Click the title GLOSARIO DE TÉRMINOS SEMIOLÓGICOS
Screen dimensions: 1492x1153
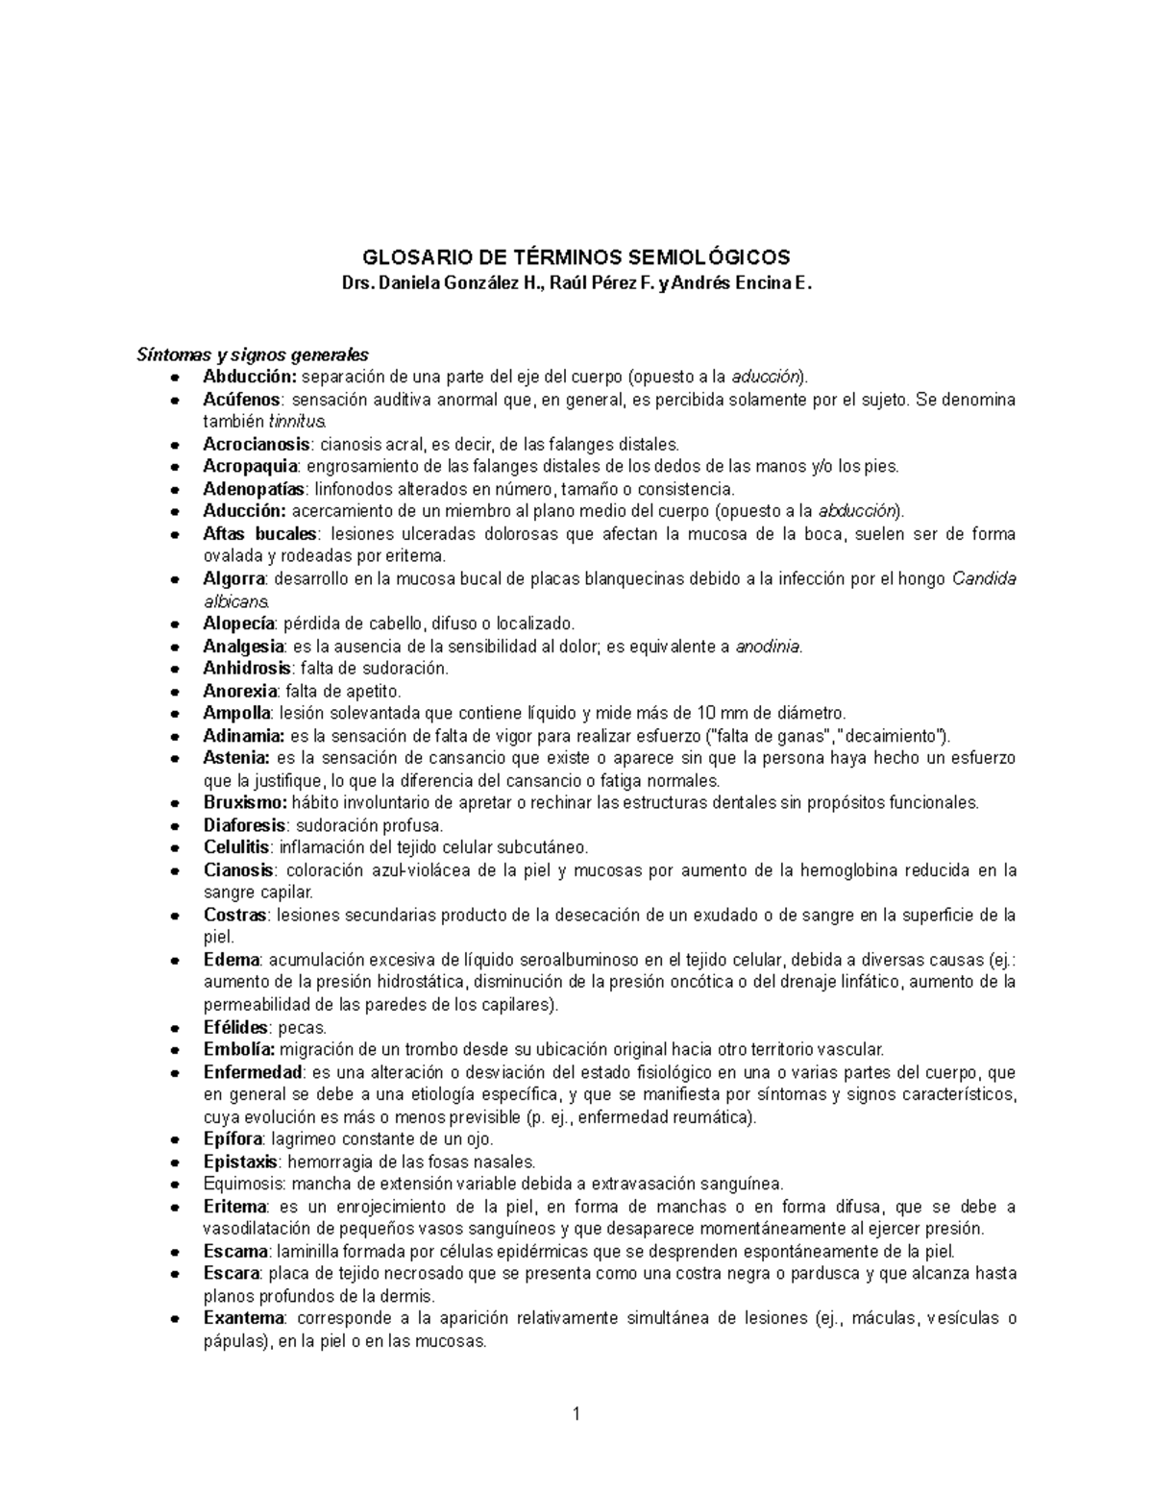click(x=576, y=257)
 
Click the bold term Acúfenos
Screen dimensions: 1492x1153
click(x=242, y=399)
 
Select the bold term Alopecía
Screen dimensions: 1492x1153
click(x=239, y=624)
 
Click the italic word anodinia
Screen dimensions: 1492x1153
click(x=768, y=647)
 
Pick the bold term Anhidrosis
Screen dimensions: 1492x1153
click(x=247, y=668)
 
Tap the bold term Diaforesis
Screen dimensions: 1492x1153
click(x=244, y=825)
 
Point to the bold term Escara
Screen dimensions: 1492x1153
click(x=232, y=1274)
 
